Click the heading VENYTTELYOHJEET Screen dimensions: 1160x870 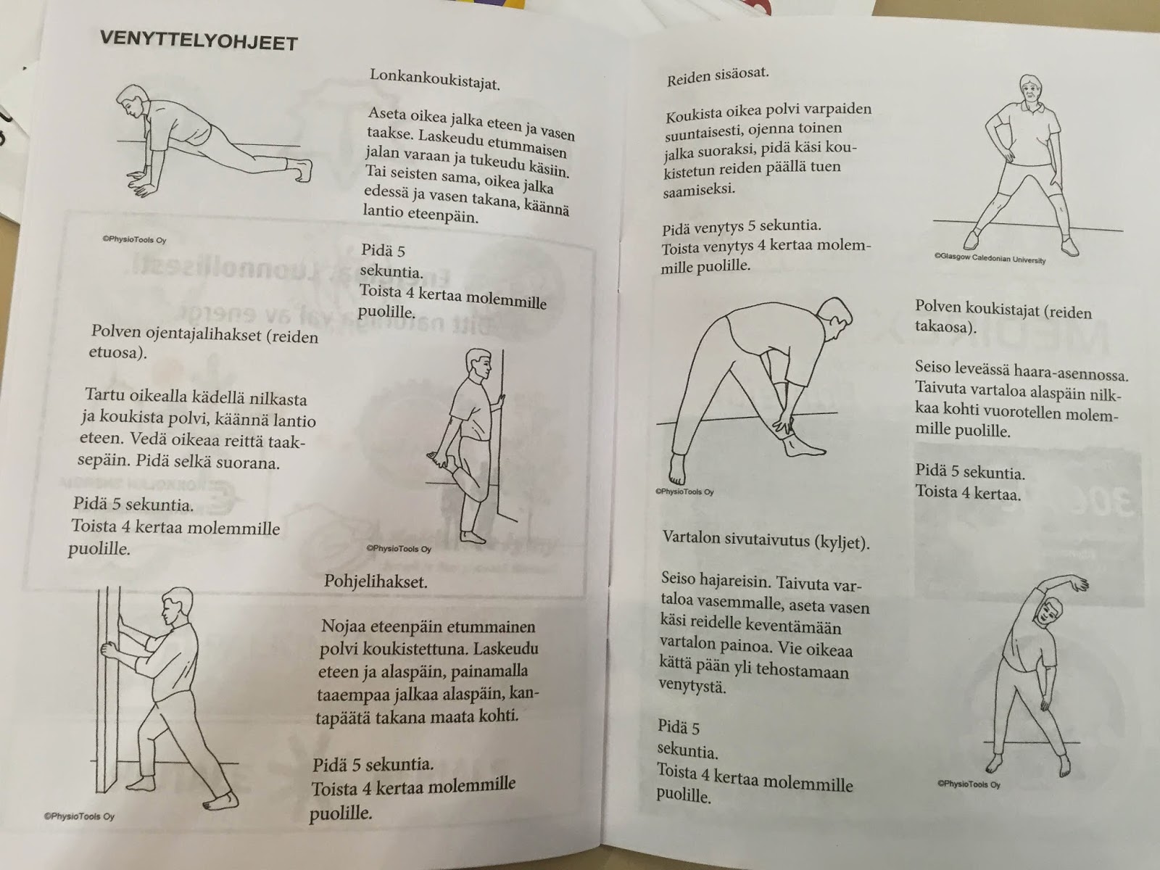[x=199, y=41]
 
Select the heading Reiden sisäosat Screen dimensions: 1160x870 [x=718, y=77]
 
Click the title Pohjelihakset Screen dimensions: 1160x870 [x=376, y=581]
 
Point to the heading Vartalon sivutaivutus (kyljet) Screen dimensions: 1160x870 [x=766, y=540]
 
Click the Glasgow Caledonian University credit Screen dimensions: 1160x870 [x=990, y=258]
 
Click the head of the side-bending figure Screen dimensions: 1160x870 [x=1048, y=613]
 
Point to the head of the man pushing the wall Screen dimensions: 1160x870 [x=175, y=606]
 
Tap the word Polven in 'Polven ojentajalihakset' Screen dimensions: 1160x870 [x=115, y=332]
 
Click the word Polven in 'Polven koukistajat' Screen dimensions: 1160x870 [x=939, y=307]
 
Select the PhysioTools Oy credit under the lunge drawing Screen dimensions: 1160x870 [x=134, y=239]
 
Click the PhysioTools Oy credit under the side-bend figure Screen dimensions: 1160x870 [x=969, y=784]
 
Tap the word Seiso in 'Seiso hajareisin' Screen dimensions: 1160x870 [x=680, y=579]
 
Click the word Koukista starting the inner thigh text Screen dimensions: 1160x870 [x=692, y=115]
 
